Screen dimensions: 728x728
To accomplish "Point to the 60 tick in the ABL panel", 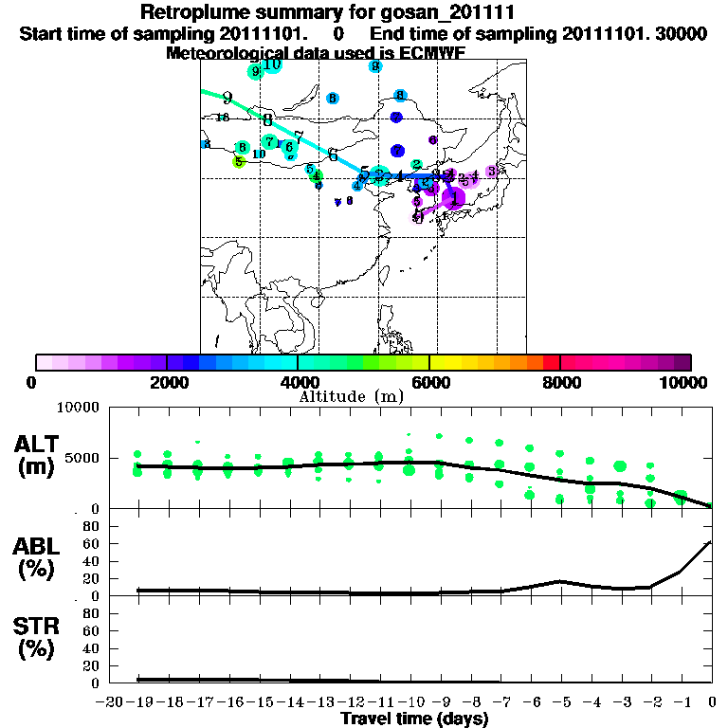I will (90, 543).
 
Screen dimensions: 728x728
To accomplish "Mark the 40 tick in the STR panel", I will (90, 647).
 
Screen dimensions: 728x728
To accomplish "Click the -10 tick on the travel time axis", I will (410, 703).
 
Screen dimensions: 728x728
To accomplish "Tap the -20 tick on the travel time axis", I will (112, 703).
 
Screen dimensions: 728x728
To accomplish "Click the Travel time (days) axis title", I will (414, 719).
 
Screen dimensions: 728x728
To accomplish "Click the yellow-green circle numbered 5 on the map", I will (239, 162).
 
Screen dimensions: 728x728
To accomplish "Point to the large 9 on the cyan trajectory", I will (227, 98).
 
